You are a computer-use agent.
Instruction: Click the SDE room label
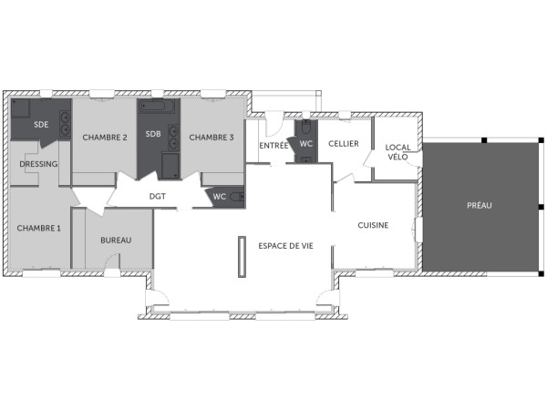coord(41,125)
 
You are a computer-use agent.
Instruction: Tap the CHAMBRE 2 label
coord(105,138)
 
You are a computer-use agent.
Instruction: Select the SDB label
coord(153,134)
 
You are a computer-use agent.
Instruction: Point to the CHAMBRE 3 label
coord(212,138)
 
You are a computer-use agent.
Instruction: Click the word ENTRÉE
coord(274,146)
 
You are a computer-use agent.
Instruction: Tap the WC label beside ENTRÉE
coord(306,144)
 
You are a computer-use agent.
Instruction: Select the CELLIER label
coord(344,144)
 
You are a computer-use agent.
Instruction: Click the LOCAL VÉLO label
coord(397,152)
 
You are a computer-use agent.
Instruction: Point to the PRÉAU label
coord(480,206)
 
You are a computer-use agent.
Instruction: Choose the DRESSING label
coord(38,165)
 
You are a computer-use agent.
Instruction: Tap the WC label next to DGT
coord(220,196)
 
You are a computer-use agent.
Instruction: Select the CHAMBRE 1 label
coord(39,228)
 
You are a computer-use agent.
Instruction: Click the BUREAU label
coord(116,240)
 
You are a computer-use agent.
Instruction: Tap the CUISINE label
coord(374,225)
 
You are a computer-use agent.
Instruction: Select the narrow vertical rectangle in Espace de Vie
coord(242,257)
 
